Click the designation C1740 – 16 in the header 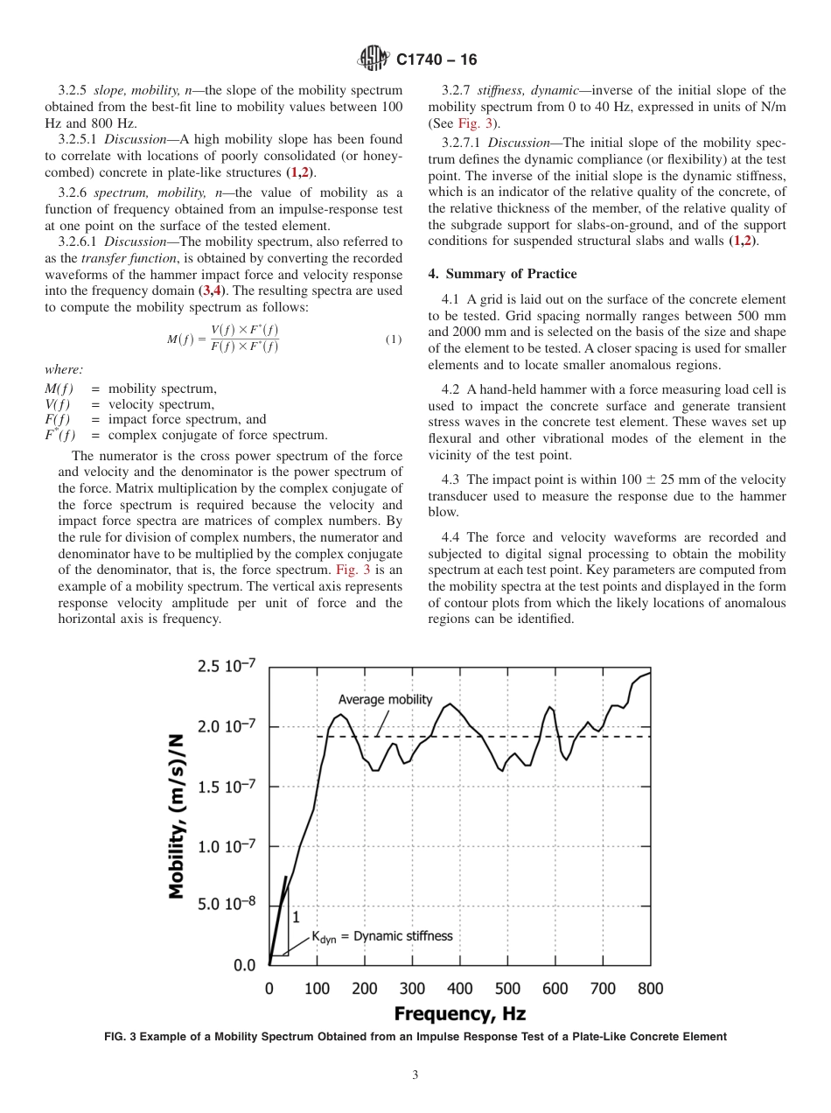click(x=436, y=60)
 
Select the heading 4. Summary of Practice click(x=503, y=274)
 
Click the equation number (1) click(x=394, y=339)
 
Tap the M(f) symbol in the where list click(x=59, y=388)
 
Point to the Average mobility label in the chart click(x=385, y=699)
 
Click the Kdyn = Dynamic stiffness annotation click(x=382, y=936)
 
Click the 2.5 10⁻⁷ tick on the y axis click(x=220, y=666)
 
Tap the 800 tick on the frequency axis click(x=650, y=989)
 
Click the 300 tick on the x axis click(x=412, y=989)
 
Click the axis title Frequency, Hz click(x=459, y=1014)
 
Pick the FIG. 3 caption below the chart click(x=415, y=1037)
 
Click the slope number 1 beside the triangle click(x=295, y=917)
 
